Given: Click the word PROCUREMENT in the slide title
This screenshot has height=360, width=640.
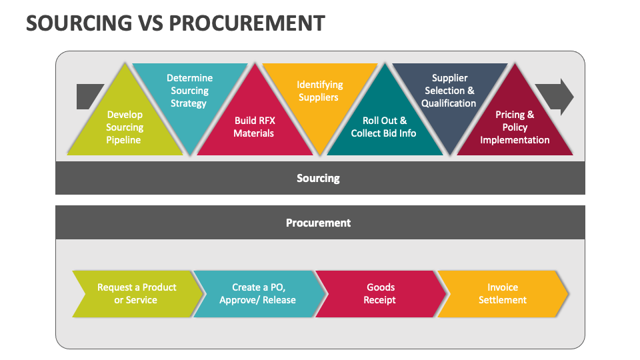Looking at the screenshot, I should point(247,23).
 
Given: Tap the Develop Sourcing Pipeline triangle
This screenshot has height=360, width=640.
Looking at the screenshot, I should point(125,127).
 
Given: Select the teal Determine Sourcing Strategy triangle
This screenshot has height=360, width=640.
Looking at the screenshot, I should point(189,91).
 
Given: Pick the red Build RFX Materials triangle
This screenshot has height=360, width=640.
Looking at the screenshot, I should point(254,127).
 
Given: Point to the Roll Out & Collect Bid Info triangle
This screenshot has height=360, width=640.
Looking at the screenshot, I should point(384,127).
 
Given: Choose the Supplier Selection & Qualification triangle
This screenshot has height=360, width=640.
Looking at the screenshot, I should point(449,91).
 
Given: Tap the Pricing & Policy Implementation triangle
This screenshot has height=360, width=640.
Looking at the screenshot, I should point(515,127).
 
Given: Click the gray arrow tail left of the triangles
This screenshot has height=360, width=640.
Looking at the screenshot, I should point(87,96).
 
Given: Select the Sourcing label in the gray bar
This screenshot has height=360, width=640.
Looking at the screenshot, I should point(318,178).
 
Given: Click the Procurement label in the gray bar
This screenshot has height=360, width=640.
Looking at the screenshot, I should point(318,223).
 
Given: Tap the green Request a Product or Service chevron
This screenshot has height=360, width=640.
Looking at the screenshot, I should point(136,294).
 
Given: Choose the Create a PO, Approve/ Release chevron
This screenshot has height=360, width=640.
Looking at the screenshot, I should point(258,294).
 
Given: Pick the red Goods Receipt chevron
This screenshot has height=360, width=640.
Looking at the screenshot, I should point(380,294).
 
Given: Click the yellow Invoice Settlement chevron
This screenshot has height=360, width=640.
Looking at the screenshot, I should point(502,294).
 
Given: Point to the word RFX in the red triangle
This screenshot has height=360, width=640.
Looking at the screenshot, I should point(264,121).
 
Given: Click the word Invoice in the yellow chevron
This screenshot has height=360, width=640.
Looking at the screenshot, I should point(503,287).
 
